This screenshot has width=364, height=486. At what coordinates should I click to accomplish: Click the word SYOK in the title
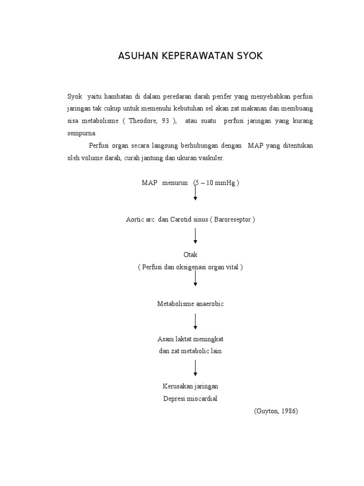point(247,56)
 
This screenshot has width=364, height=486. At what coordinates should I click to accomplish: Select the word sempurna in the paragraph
point(82,133)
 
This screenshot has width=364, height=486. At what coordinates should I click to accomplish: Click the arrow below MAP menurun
point(195,192)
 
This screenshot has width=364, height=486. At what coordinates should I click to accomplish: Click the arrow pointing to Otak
point(195,235)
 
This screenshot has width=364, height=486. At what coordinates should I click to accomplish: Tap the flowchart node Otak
point(190,255)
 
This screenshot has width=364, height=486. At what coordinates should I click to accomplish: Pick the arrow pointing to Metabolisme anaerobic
point(195,279)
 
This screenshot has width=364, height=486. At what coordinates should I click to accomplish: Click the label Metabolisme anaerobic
point(190,304)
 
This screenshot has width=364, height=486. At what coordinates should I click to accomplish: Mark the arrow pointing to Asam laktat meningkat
point(195,321)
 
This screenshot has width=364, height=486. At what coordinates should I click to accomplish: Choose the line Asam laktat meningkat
point(190,339)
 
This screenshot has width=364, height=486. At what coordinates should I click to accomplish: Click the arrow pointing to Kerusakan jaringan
point(195,368)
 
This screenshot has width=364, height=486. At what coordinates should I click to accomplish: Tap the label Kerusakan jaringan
point(190,386)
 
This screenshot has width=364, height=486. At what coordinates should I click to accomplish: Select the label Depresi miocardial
point(190,399)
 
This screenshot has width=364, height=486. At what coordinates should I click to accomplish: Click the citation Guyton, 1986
point(275,411)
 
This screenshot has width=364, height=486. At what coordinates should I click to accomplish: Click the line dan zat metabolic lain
point(190,351)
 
